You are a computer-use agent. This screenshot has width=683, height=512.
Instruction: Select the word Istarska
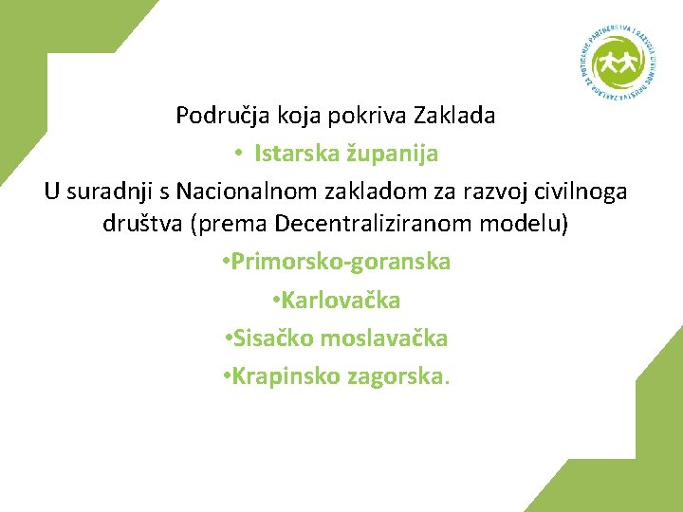point(292,153)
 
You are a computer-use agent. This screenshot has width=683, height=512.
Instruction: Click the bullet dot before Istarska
point(241,154)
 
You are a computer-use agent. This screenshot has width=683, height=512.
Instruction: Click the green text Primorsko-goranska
point(341,263)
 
